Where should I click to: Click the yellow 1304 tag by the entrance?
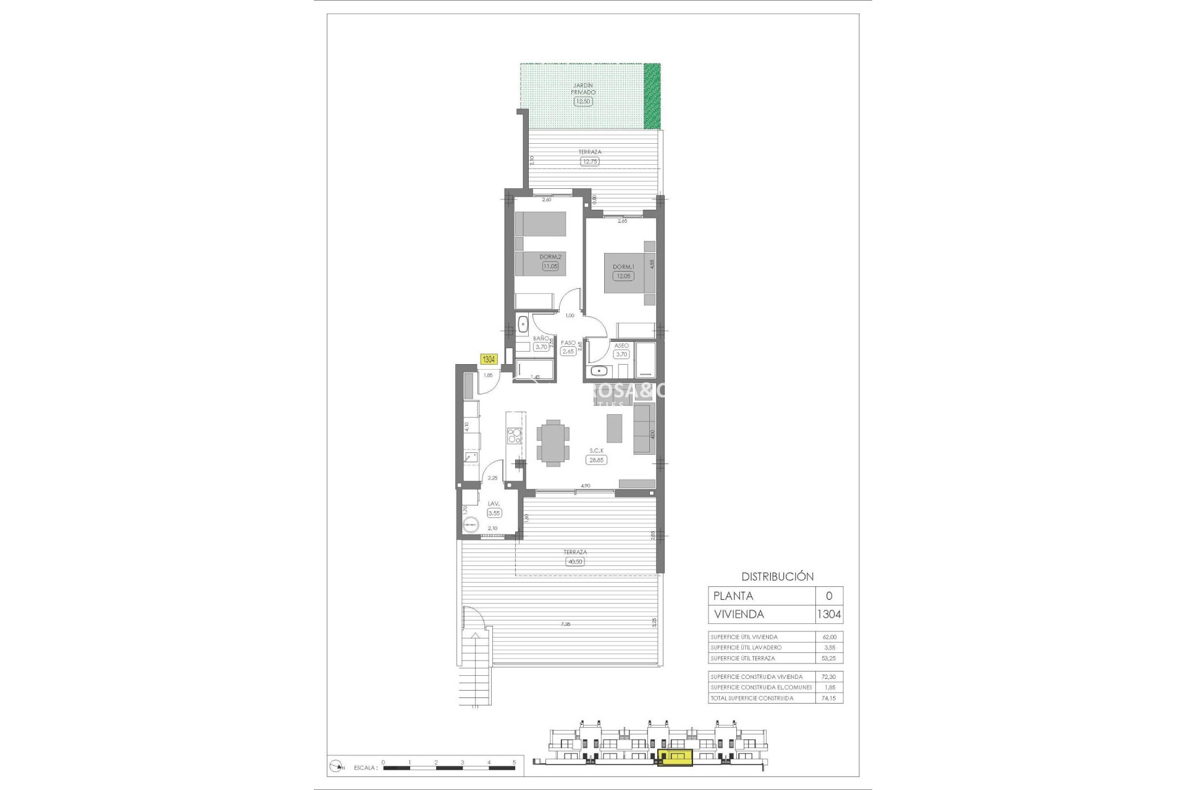pos(489,359)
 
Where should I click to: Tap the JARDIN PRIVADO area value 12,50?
pos(582,101)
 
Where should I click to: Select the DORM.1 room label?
pos(623,267)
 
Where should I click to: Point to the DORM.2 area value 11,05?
pos(550,266)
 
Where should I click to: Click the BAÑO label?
pos(540,338)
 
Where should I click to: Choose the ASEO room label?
pos(621,346)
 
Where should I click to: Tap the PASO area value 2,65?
pos(568,351)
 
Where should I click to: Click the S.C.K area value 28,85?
pos(596,460)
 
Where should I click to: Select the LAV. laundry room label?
pos(493,504)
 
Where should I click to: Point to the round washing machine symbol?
pos(470,525)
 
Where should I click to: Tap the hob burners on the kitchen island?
pos(513,436)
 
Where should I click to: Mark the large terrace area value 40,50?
pos(574,562)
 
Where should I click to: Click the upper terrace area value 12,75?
pos(589,162)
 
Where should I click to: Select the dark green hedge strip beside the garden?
pos(652,96)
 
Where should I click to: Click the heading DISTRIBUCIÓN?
pos(777,576)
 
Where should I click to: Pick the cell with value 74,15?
pos(828,698)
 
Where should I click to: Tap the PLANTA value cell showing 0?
pos(828,596)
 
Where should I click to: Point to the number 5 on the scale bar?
pos(514,762)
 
